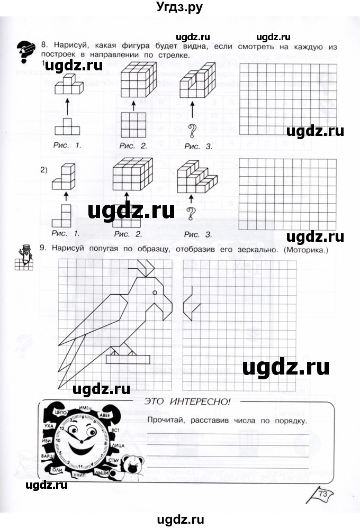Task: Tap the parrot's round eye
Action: coord(155,293)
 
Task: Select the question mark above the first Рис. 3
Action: coord(192,129)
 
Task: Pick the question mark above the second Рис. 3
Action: coord(192,213)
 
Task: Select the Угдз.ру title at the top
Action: coord(180,7)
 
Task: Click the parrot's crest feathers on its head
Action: coord(142,269)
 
